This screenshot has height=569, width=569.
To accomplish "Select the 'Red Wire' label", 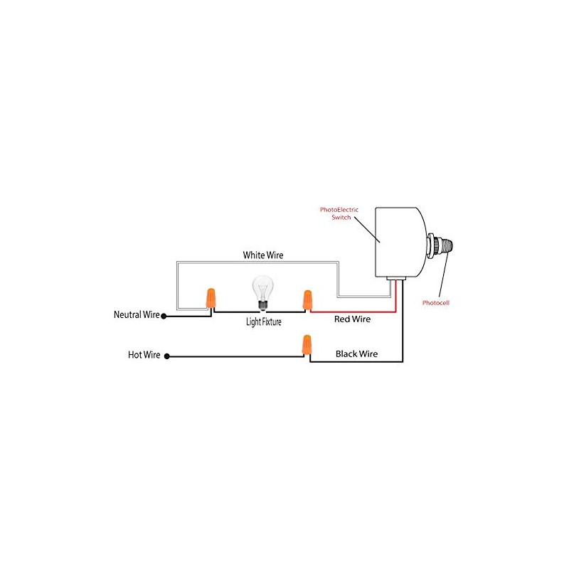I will tap(352, 320).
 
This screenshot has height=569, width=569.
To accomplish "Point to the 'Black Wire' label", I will tap(356, 353).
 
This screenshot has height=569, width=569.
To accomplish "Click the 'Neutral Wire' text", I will tap(137, 314).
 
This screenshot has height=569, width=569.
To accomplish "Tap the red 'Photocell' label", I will tap(435, 302).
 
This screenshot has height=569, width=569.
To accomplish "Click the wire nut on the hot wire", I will tap(307, 345).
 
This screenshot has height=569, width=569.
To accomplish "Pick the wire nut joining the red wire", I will tap(307, 299).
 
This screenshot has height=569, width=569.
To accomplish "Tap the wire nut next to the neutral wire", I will tap(211, 298).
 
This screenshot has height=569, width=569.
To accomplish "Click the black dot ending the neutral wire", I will tap(164, 315).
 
